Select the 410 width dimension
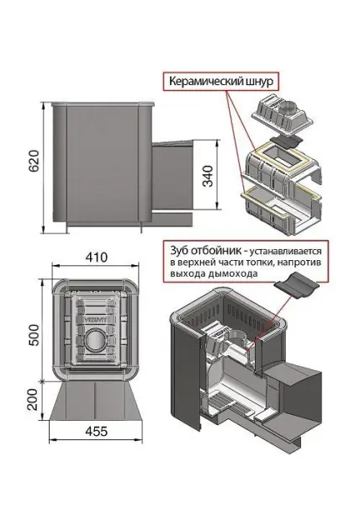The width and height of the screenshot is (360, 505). coord(93,254)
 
